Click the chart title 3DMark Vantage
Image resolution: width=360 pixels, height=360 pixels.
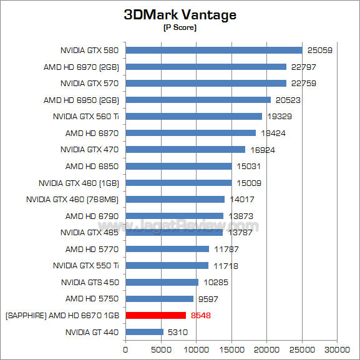click(x=180, y=15)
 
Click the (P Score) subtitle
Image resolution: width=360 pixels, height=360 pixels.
click(x=180, y=28)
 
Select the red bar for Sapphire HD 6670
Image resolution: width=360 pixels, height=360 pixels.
click(x=156, y=315)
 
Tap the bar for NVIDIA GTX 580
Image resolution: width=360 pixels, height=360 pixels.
click(x=214, y=50)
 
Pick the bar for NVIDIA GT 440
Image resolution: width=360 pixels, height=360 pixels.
click(x=145, y=332)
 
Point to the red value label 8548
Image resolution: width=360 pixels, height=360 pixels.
click(x=201, y=315)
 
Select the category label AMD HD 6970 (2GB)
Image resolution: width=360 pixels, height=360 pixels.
click(x=81, y=67)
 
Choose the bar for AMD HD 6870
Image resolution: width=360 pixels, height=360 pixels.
click(x=191, y=133)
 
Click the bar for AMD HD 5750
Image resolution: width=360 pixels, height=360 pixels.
click(x=160, y=298)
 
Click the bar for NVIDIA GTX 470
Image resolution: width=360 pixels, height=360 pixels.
click(x=185, y=149)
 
